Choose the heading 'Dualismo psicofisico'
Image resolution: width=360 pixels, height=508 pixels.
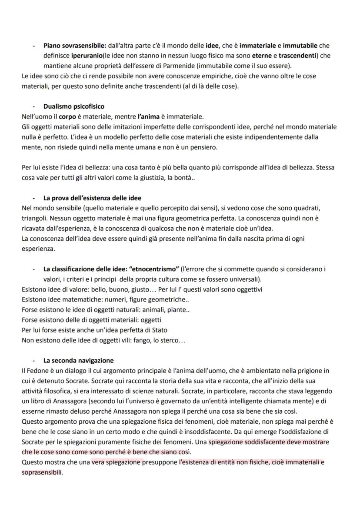point(73,106)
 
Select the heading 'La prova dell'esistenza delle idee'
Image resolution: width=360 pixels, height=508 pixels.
point(92,198)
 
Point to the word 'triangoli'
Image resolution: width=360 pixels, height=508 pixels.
point(34,219)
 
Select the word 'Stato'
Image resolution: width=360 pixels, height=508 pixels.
point(159,330)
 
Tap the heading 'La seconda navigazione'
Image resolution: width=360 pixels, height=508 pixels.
point(78,360)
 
